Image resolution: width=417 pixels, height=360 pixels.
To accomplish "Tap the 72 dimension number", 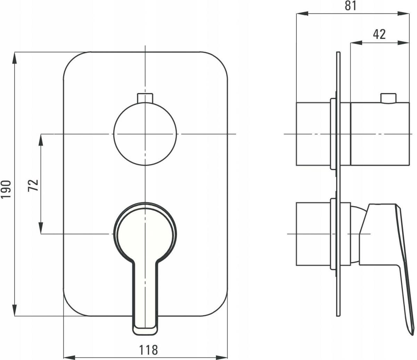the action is [x=33, y=185].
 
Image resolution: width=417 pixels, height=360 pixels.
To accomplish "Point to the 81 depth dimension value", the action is [x=351, y=6].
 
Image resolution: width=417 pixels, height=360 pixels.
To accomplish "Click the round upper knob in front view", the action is [x=145, y=134].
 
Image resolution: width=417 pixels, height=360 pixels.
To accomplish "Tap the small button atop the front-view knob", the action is [x=145, y=98].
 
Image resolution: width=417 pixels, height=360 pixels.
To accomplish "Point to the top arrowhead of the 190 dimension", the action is [x=15, y=58].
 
